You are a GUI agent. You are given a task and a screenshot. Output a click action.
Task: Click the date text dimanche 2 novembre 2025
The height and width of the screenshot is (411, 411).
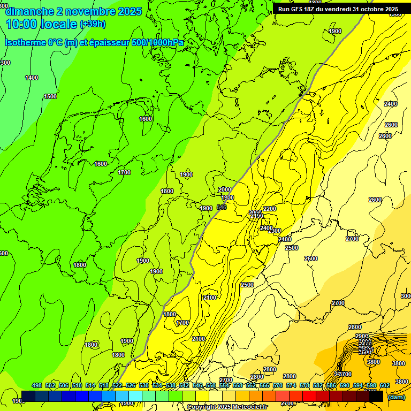click(74, 11)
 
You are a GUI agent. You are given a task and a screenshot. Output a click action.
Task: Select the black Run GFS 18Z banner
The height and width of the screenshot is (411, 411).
click(338, 9)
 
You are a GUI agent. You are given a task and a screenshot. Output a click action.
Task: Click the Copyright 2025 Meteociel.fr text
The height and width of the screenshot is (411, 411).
click(227, 407)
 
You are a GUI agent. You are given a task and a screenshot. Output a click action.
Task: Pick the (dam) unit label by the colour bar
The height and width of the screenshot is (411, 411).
click(396, 397)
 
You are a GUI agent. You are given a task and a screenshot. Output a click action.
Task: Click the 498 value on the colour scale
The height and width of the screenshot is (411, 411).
click(37, 385)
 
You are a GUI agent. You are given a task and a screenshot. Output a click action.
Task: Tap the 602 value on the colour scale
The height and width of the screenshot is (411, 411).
click(385, 385)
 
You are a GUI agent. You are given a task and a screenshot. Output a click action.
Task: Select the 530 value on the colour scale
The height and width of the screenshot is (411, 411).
click(144, 385)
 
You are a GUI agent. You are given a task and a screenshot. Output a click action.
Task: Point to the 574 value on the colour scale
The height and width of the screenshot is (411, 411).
click(291, 385)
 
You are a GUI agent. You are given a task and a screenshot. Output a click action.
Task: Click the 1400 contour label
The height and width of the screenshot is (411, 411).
click(32, 78)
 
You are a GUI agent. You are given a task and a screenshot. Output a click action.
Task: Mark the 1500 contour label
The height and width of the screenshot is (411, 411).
click(50, 97)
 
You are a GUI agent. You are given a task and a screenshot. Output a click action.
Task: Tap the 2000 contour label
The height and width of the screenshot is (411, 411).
click(225, 189)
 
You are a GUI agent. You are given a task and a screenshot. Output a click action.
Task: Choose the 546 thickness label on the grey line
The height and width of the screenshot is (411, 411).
click(222, 207)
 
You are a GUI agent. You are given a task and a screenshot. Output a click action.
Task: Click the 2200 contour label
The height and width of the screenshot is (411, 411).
click(270, 209)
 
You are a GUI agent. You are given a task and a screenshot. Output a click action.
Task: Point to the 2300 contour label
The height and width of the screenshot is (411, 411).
click(275, 231)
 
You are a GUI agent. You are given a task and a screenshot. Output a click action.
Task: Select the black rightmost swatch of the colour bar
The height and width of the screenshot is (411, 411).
click(376, 397)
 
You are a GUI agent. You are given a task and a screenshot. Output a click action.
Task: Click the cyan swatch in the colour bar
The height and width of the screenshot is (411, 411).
click(136, 397)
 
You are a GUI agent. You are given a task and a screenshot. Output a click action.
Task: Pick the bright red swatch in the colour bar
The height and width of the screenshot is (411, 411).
click(309, 397)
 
